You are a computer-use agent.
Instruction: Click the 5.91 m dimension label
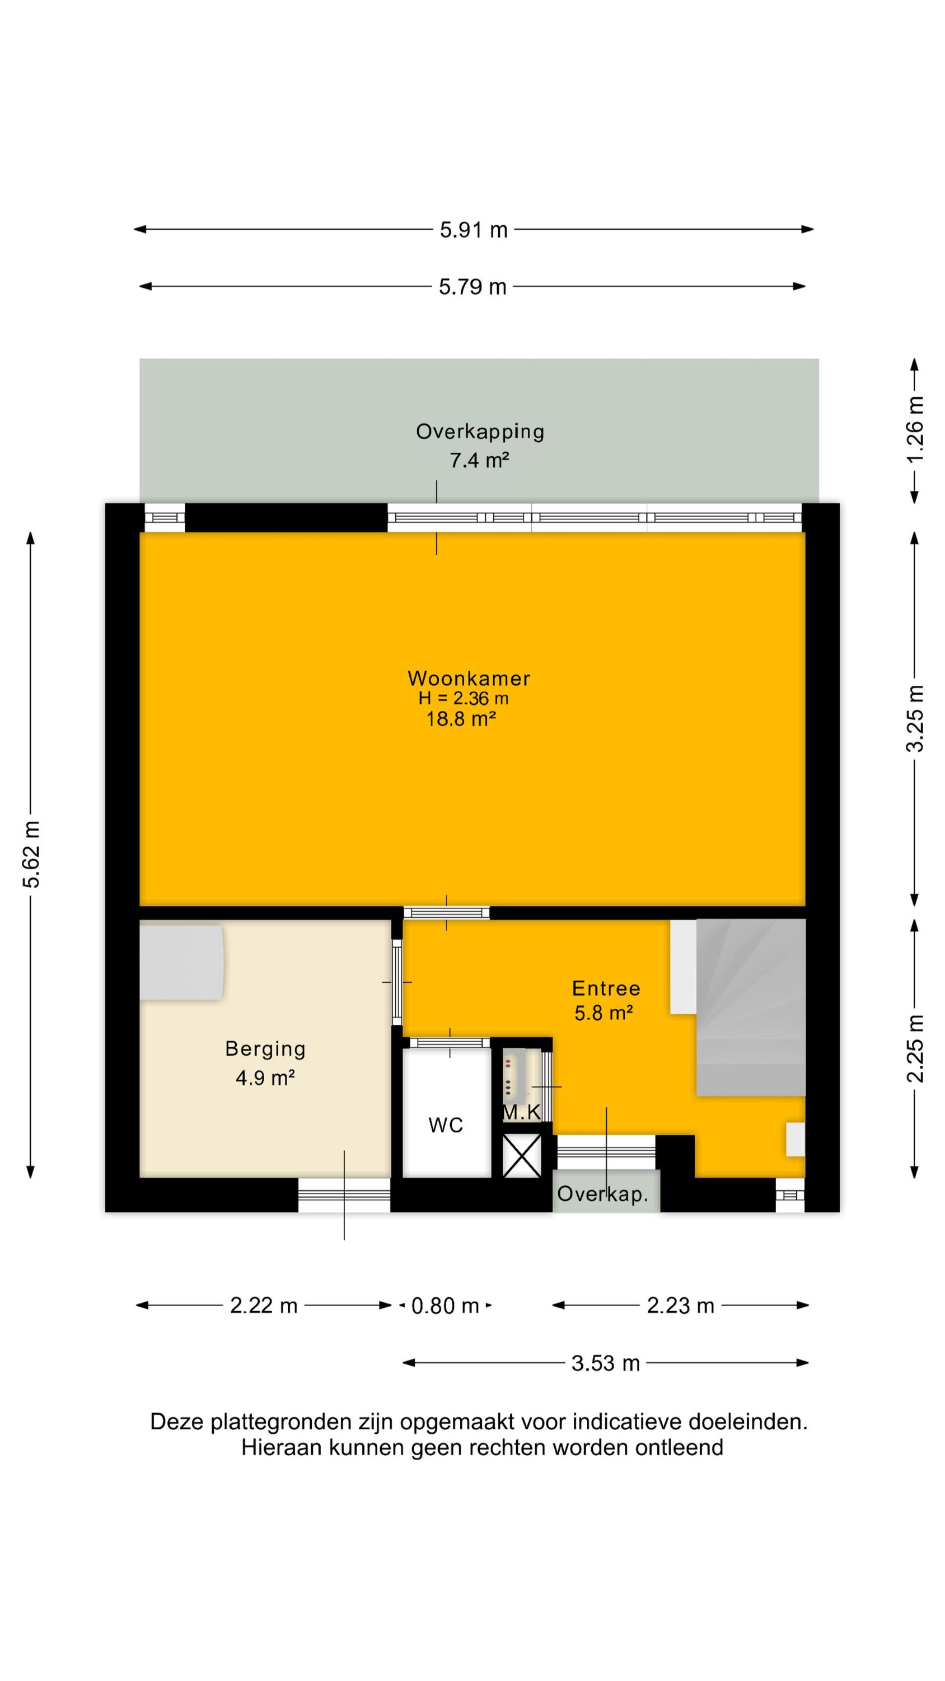click(x=474, y=230)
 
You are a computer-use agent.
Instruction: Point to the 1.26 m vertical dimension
click(x=915, y=428)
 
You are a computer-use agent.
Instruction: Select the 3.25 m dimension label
click(x=915, y=718)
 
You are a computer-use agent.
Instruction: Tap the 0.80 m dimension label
click(x=446, y=1306)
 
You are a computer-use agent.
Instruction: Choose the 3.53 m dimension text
click(x=605, y=1363)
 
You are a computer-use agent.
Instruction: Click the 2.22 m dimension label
click(x=264, y=1306)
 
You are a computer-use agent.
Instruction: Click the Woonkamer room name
click(x=469, y=679)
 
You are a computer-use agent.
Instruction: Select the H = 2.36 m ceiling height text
click(x=463, y=699)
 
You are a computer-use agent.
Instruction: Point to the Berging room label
click(x=265, y=1049)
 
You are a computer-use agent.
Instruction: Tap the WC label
click(x=446, y=1125)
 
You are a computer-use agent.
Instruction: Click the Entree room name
click(x=606, y=988)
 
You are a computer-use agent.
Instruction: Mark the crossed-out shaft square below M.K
click(x=522, y=1155)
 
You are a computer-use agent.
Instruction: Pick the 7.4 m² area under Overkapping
click(x=479, y=461)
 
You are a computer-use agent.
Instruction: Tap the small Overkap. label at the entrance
click(x=602, y=1194)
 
